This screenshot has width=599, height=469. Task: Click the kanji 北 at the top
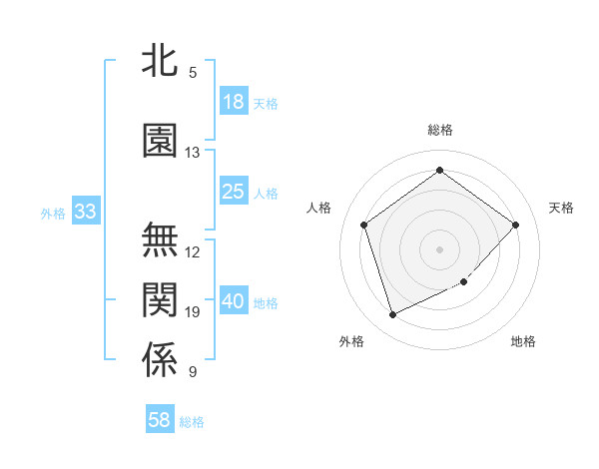point(160,61)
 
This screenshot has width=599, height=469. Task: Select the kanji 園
point(160,141)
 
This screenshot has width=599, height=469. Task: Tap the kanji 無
point(160,240)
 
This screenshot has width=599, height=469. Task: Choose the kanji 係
point(160,360)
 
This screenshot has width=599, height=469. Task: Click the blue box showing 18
point(234,101)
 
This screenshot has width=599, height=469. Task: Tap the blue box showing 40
point(234,300)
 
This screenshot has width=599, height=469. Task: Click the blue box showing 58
point(160,420)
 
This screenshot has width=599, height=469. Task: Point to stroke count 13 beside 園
point(193,153)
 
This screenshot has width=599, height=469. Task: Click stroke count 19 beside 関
point(193,312)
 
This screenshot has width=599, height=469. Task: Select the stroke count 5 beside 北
point(193,73)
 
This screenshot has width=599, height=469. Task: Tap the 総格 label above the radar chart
point(439,130)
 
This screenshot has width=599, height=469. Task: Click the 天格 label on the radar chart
point(561,208)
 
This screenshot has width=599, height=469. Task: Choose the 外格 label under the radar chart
point(351,341)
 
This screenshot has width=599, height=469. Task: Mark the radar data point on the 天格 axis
point(516,225)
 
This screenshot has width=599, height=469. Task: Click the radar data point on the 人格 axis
point(364,225)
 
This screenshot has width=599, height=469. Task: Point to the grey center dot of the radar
point(439,248)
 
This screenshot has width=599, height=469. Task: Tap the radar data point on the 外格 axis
point(392,314)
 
